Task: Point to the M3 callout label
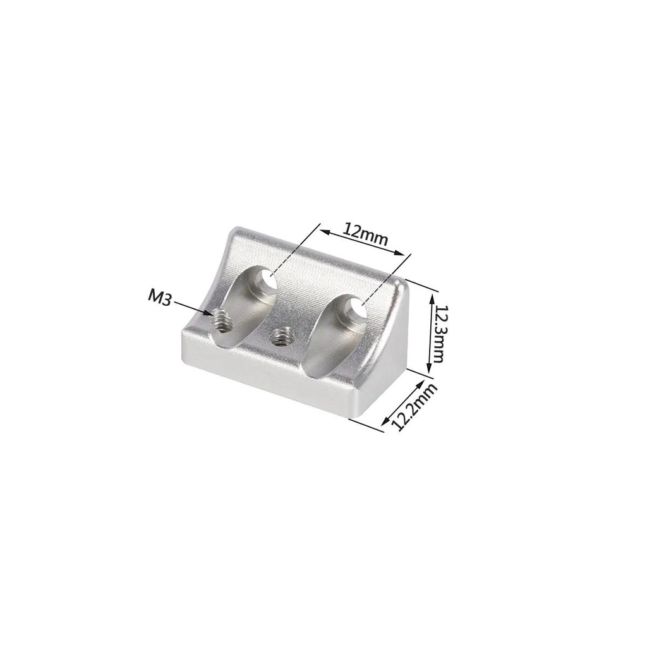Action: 160,297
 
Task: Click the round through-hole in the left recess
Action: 268,282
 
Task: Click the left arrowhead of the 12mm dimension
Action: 320,231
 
